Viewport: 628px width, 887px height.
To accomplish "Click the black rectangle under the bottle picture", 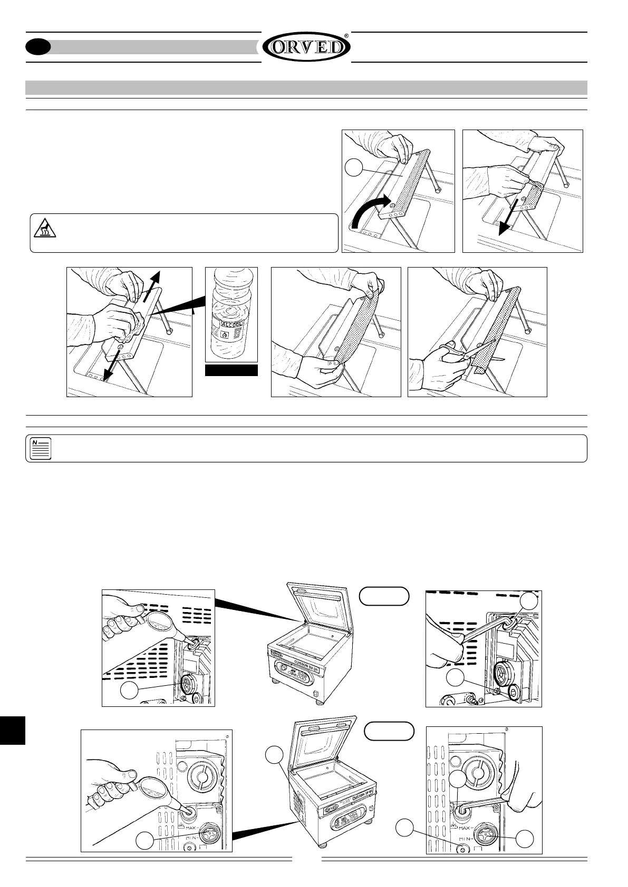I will pos(231,370).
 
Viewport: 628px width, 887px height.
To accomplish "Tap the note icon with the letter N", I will pos(38,448).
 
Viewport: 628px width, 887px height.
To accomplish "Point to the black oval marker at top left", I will pos(38,47).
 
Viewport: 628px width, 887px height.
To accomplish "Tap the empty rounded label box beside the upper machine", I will pos(384,595).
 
